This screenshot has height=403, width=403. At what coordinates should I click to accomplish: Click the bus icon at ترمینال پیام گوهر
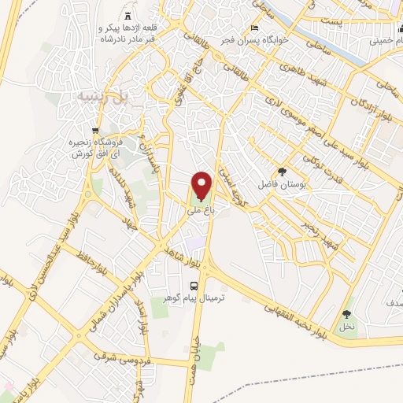click(193, 287)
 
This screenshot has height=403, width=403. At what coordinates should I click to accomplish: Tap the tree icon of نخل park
click(346, 314)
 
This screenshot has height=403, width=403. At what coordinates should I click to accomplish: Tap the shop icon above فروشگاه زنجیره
click(95, 131)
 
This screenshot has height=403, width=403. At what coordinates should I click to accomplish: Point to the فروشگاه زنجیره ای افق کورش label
click(98, 149)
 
